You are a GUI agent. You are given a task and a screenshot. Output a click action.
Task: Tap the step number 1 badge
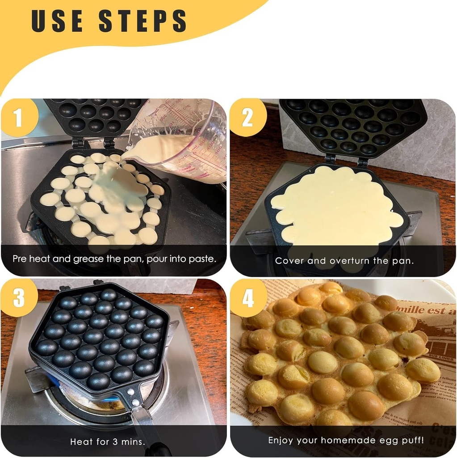(x=18, y=118)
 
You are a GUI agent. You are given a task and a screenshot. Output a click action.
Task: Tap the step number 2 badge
(x=247, y=118)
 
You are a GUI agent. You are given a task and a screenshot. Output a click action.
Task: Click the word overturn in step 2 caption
(x=351, y=260)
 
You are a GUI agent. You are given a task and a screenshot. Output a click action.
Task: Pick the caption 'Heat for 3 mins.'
(x=108, y=442)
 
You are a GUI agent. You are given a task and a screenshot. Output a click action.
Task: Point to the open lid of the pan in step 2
(x=353, y=125)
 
